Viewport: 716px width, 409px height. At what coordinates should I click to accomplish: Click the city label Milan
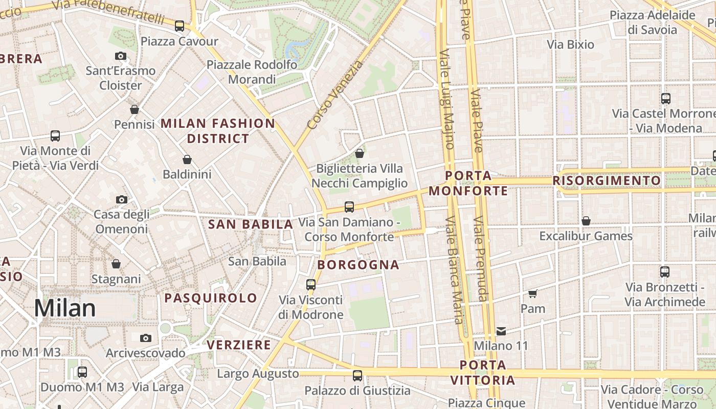[65, 308]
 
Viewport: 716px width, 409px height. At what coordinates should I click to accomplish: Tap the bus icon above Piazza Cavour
[180, 26]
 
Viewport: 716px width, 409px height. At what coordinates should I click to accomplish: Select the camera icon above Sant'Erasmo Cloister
[121, 56]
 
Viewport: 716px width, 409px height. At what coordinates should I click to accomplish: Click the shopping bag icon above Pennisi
[135, 109]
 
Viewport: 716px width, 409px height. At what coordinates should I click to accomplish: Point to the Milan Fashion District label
[218, 131]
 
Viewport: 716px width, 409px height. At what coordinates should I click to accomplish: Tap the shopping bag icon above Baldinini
[187, 160]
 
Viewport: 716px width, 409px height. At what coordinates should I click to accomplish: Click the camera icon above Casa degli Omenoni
[122, 199]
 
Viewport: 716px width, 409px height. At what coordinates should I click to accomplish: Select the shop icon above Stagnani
[116, 264]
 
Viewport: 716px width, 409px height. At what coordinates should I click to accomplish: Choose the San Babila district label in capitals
[251, 224]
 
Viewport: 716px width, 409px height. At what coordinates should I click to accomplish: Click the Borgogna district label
[358, 265]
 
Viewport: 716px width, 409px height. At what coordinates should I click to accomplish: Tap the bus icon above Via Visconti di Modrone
[311, 285]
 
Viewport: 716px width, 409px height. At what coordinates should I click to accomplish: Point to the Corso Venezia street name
[335, 95]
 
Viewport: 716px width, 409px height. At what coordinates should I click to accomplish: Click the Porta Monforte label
[468, 184]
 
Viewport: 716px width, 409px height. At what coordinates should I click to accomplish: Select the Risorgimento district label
[607, 180]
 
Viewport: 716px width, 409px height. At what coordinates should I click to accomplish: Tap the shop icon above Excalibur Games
[586, 221]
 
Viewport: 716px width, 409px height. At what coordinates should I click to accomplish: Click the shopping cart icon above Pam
[533, 293]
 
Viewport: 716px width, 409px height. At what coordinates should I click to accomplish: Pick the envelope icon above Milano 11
[501, 331]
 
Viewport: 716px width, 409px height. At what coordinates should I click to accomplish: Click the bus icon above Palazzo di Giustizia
[357, 376]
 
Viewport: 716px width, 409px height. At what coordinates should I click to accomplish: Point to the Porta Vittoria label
[483, 373]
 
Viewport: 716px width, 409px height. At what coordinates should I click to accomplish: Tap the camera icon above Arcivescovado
[146, 338]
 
